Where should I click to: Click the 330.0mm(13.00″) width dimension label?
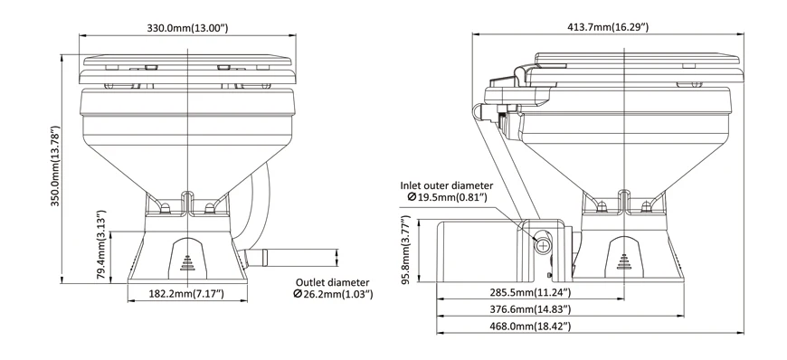[187, 28]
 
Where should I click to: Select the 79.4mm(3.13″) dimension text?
[101, 245]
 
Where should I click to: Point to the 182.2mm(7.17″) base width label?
[186, 294]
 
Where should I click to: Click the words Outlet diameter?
[332, 283]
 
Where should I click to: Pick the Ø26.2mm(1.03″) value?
[334, 294]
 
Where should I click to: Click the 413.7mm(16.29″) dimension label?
[608, 27]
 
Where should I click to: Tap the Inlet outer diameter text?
[447, 186]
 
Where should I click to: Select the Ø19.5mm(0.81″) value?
[448, 197]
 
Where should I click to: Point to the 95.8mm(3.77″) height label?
[406, 250]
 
